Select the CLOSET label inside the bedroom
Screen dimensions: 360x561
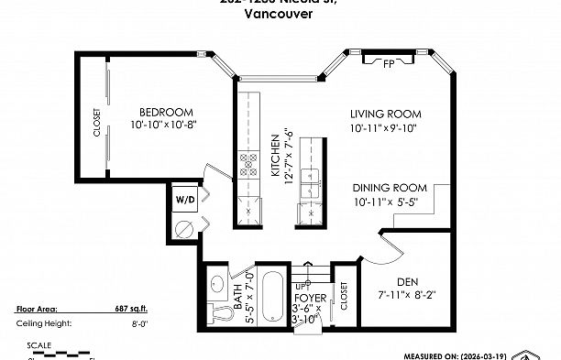click(97, 123)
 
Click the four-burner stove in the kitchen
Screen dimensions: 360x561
click(248, 165)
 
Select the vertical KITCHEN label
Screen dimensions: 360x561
click(274, 156)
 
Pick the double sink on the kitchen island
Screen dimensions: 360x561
click(313, 182)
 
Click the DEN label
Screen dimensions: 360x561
click(408, 280)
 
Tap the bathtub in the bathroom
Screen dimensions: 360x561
click(272, 298)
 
